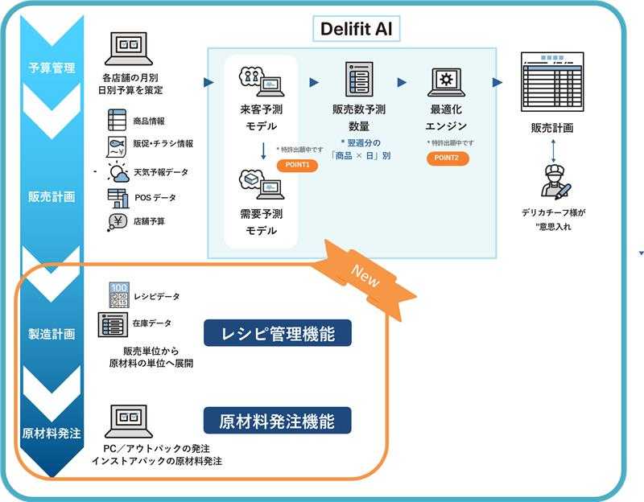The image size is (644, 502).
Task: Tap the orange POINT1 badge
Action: pyautogui.click(x=297, y=165)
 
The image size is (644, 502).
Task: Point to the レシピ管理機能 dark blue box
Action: pyautogui.click(x=278, y=333)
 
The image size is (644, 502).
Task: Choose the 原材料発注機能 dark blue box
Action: pyautogui.click(x=278, y=419)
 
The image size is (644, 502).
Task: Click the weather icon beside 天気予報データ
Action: pyautogui.click(x=118, y=172)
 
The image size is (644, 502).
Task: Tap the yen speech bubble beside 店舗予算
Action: pyautogui.click(x=118, y=223)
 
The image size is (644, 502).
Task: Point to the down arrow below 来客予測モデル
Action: pyautogui.click(x=263, y=150)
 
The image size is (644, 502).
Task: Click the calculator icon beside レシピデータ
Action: pyautogui.click(x=118, y=295)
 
